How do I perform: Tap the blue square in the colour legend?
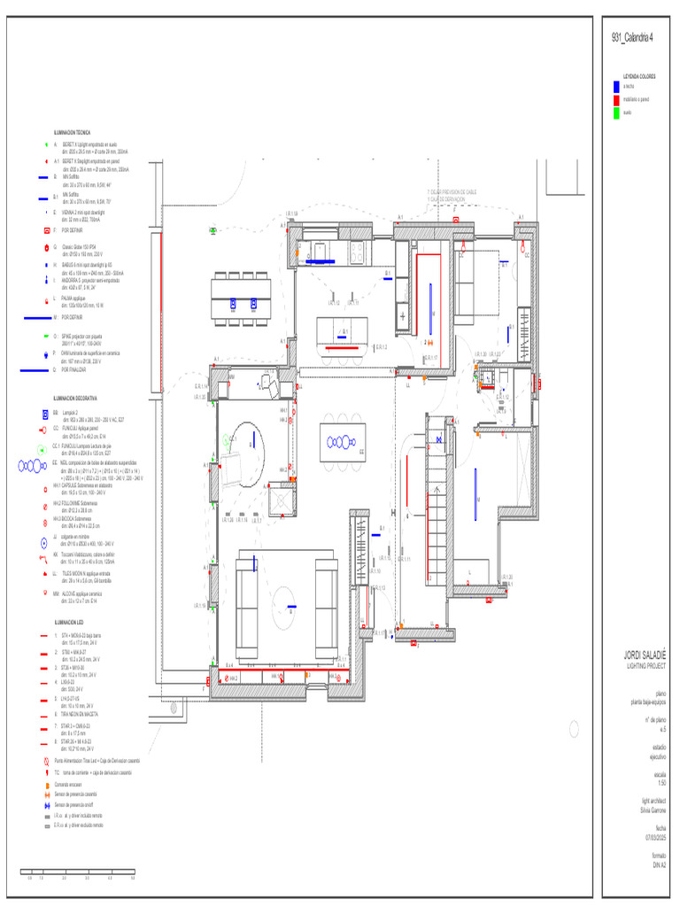pyautogui.click(x=616, y=87)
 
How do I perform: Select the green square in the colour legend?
pyautogui.click(x=616, y=112)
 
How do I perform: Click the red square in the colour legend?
pyautogui.click(x=616, y=100)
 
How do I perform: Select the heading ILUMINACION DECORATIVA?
pyautogui.click(x=75, y=399)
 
